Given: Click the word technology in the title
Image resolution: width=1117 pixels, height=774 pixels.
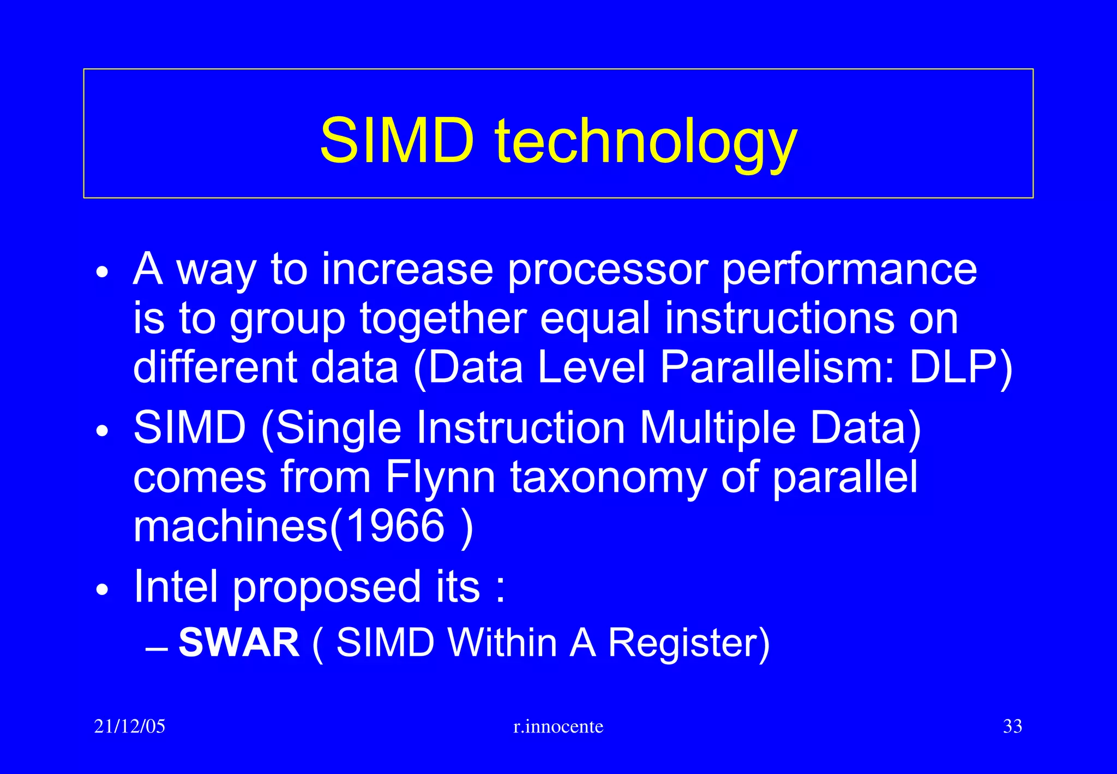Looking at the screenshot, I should click(646, 143).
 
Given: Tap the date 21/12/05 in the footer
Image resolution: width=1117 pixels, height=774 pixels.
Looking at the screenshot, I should click(129, 727).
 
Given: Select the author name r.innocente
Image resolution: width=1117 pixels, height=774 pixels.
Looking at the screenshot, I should click(558, 727).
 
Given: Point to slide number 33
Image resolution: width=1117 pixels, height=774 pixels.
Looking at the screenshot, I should click(1012, 727).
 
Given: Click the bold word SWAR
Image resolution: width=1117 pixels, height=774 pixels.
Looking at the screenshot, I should click(239, 642).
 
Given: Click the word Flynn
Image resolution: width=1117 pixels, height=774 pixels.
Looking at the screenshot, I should click(440, 478).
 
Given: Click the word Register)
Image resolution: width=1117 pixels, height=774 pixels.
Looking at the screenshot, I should click(688, 642).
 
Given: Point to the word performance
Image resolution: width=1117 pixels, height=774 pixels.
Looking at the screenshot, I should click(849, 270).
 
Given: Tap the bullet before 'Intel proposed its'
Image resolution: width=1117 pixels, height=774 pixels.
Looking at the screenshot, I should click(102, 591).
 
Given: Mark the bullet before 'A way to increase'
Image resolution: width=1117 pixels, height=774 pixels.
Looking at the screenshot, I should click(102, 272).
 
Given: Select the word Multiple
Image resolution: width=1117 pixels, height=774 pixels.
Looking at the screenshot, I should click(717, 428).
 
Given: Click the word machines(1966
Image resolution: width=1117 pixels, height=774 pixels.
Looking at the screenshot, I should click(289, 526).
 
